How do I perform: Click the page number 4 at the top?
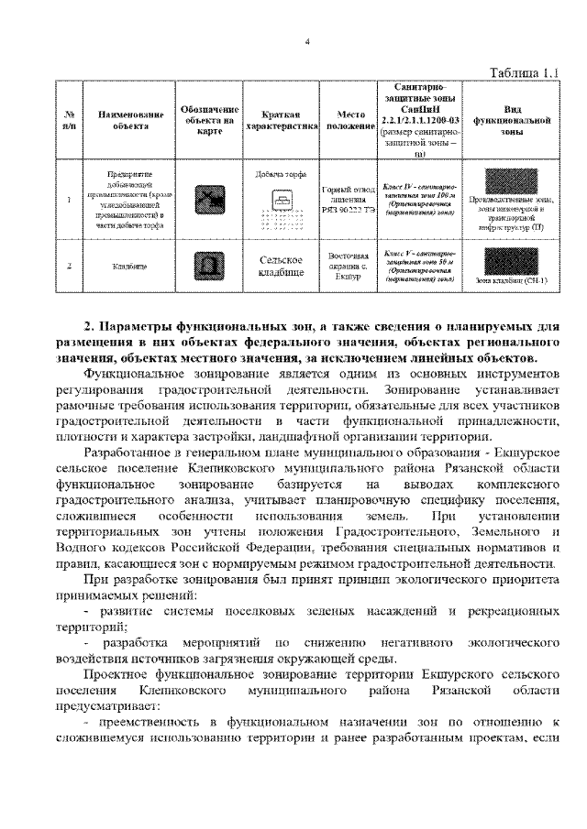click(307, 41)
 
